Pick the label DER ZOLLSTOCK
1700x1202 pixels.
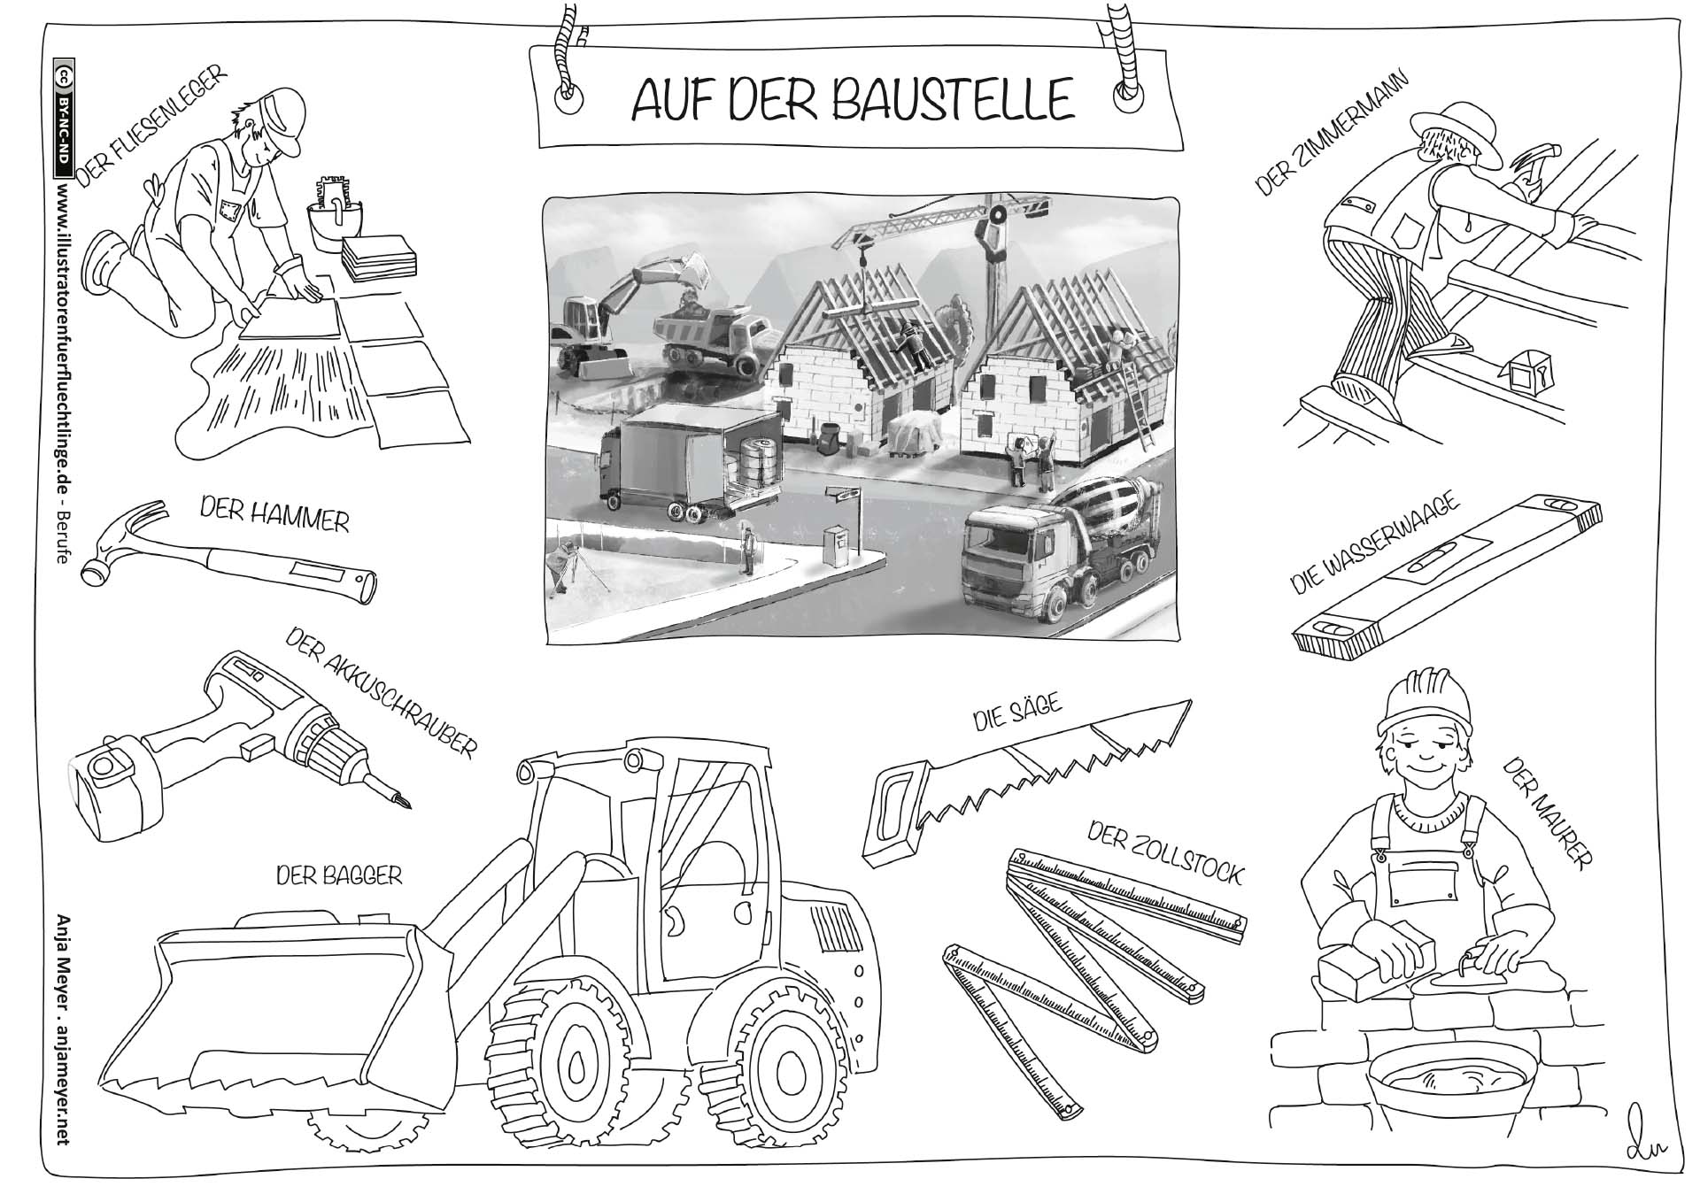click(1165, 853)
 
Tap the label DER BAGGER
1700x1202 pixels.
click(338, 875)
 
